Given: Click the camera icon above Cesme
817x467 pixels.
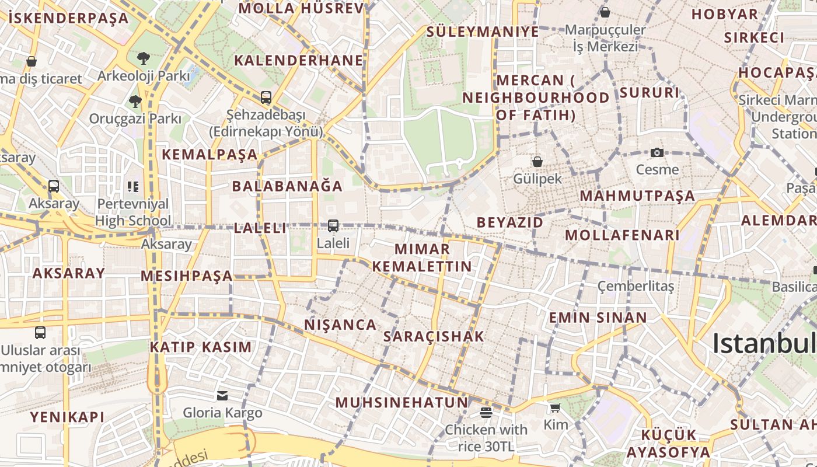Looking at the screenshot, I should (657, 153).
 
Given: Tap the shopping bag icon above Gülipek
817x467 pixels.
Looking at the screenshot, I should (537, 162).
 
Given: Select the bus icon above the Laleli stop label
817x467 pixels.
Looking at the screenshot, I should (333, 225).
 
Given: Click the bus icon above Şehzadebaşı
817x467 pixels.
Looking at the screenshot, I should (266, 97).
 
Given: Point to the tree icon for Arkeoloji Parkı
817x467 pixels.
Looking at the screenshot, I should (143, 58).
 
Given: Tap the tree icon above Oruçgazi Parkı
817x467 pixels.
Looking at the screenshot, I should (135, 102).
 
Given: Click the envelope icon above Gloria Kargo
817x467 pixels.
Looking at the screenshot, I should (222, 396).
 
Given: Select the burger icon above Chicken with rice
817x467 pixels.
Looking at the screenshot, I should (486, 413).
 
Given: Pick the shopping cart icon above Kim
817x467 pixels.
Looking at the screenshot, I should (555, 407).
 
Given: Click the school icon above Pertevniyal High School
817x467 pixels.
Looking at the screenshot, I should (133, 187).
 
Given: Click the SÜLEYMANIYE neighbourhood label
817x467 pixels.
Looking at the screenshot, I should (483, 32).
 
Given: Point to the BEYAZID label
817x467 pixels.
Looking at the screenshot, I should (510, 222).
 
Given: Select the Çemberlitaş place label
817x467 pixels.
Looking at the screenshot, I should (636, 287).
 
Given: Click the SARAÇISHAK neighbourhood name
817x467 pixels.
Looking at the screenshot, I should (434, 336).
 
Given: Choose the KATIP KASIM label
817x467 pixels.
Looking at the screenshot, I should (201, 347).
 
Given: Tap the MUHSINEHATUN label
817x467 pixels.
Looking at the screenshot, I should (401, 402).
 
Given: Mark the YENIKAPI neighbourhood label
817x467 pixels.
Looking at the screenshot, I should (67, 417).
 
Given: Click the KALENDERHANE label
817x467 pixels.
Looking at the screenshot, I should (298, 61).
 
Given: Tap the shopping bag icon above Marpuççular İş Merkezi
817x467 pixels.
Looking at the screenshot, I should (605, 12).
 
